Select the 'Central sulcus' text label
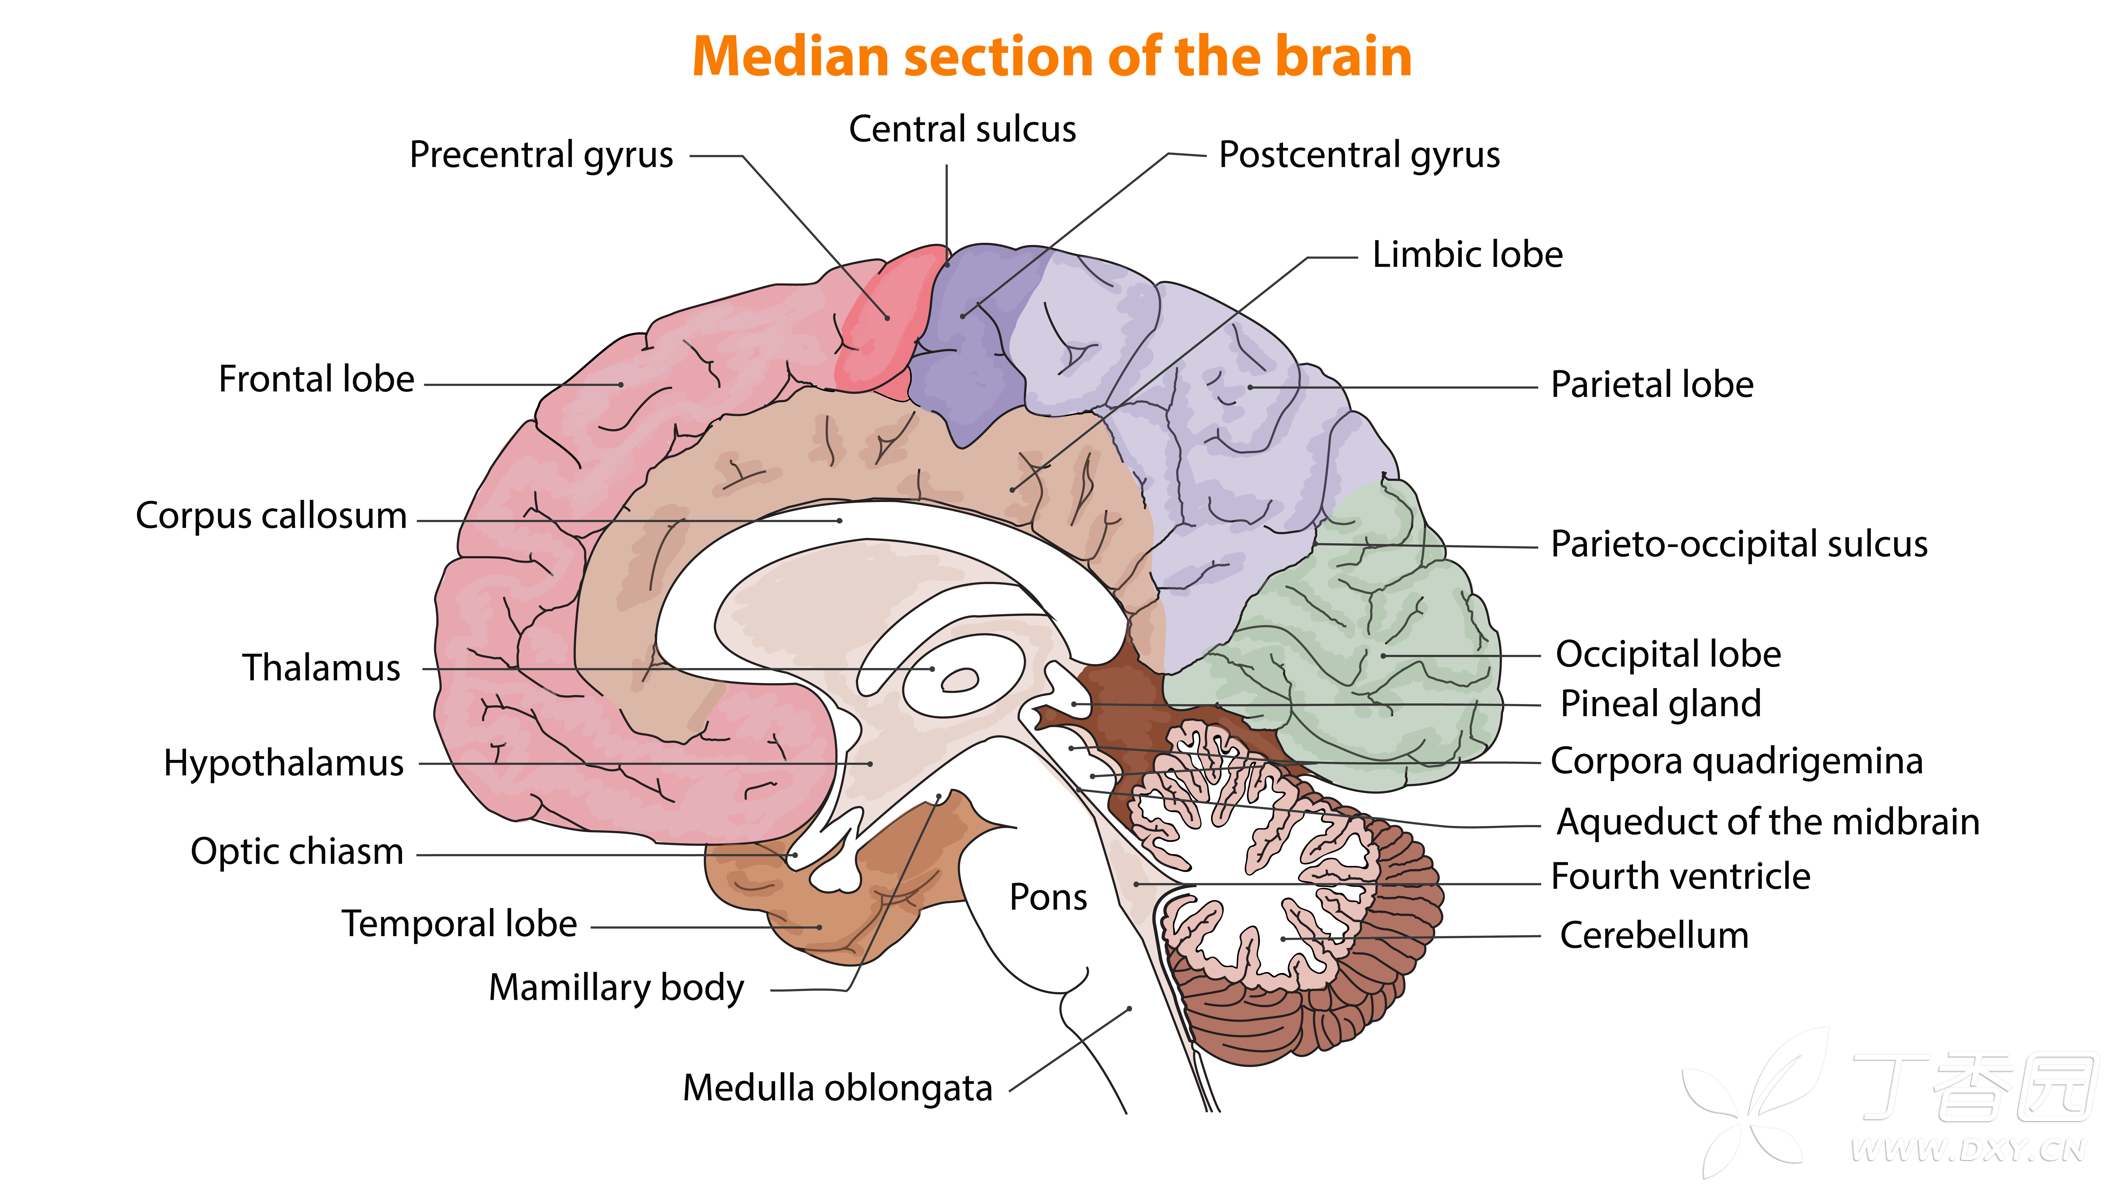(963, 129)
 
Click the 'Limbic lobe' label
(1468, 254)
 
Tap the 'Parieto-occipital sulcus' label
(1739, 544)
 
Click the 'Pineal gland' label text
(1661, 704)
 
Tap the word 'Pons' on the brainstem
(1048, 897)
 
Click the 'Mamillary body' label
(616, 988)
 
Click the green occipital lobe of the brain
(1373, 654)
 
